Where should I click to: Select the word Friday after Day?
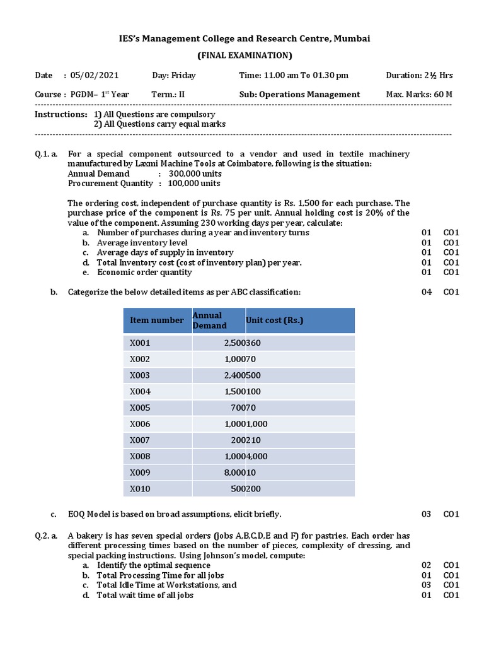(183, 76)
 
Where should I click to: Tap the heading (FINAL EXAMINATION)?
(245, 56)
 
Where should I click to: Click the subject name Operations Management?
(309, 95)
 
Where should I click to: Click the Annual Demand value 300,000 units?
(194, 173)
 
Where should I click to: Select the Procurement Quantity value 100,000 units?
(194, 184)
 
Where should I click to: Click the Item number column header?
(157, 320)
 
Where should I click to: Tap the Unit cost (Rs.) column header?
(274, 320)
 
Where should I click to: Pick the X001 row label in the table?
(140, 343)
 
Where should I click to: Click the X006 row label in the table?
(140, 424)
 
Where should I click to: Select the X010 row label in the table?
(140, 488)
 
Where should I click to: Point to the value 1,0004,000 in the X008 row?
(246, 456)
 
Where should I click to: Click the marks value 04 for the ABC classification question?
(427, 292)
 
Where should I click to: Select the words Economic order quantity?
(144, 273)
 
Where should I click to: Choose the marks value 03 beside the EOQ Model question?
(427, 514)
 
